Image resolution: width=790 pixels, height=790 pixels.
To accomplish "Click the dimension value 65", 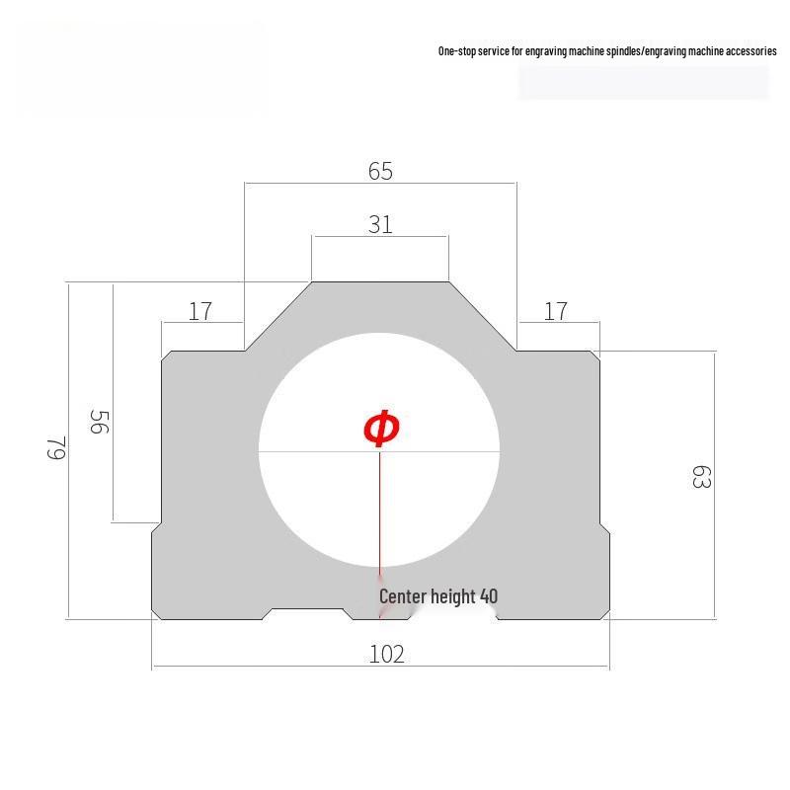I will (x=380, y=171).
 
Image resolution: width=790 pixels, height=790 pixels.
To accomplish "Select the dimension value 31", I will (x=380, y=225).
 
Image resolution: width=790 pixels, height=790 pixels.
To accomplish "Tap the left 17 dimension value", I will (x=200, y=311).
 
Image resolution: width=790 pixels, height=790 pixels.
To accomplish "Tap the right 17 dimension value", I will (x=556, y=311).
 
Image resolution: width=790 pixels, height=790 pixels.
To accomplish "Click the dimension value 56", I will (x=100, y=422).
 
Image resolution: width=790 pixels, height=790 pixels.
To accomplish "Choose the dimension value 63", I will (x=700, y=478).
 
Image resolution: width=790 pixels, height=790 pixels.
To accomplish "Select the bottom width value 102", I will (x=386, y=654).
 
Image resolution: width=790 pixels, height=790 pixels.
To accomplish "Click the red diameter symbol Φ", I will (x=381, y=429).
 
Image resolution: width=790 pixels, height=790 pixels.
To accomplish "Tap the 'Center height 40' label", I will (x=438, y=596).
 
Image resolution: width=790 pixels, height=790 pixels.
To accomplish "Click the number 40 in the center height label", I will (x=488, y=596).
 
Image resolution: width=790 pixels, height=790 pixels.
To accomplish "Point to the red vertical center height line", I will (x=380, y=513).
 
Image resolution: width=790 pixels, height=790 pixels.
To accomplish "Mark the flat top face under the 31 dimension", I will (x=380, y=284).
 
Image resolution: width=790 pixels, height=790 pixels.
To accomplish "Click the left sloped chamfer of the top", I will (x=278, y=316).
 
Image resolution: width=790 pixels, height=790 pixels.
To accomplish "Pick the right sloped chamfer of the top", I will (x=483, y=316).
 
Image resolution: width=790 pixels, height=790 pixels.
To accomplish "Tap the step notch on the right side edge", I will (x=603, y=527).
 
